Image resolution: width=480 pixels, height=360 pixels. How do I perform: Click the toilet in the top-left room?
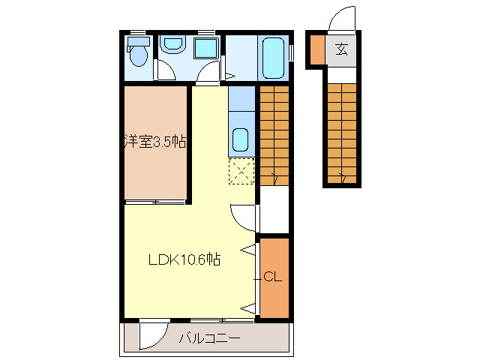click(138, 54)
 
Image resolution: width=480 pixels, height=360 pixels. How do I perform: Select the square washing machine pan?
click(205, 48)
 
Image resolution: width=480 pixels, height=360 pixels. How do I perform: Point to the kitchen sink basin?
click(241, 139)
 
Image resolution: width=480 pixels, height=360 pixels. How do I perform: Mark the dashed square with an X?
click(241, 172)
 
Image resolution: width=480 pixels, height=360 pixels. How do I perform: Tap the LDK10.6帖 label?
click(184, 260)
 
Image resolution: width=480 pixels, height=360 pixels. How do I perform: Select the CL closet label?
click(272, 277)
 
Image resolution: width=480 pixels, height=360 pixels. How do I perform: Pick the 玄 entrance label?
click(342, 50)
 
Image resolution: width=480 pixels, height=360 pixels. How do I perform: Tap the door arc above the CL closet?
click(242, 218)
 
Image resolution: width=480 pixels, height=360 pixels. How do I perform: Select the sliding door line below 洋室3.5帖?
click(155, 202)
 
